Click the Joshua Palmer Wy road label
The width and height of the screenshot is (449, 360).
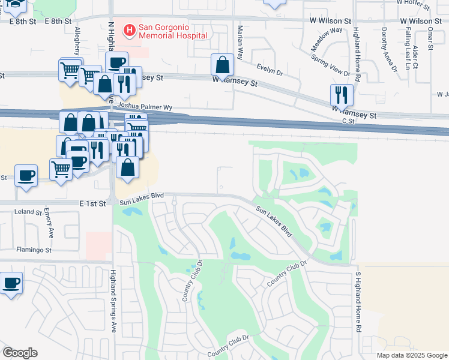(x=143, y=107)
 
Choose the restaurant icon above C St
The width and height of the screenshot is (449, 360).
(x=340, y=94)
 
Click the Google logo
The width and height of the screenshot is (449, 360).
(x=20, y=353)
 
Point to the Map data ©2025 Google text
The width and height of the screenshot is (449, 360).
(x=411, y=355)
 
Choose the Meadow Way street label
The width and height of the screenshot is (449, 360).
(x=327, y=38)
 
